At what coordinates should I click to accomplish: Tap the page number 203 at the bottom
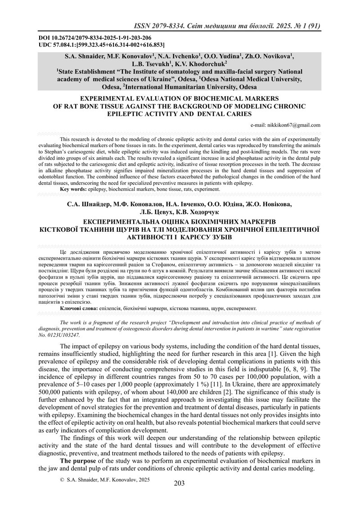click(x=180, y=483)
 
